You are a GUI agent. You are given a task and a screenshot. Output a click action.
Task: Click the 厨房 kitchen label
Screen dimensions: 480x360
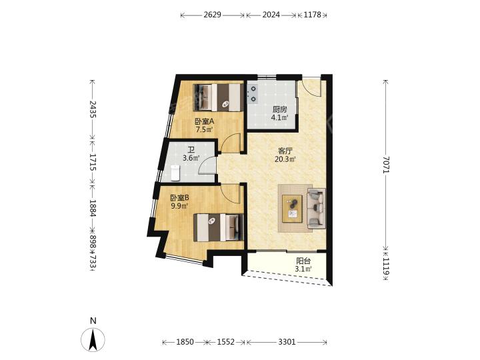point(279,109)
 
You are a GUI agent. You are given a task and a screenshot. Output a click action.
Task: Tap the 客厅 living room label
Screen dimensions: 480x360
point(285,151)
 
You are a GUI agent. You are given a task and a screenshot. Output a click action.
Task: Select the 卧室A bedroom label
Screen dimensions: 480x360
point(205,121)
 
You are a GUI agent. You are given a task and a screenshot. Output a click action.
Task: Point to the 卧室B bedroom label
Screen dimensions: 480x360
point(180,198)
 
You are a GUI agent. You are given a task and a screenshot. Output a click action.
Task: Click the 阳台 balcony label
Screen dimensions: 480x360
point(303,261)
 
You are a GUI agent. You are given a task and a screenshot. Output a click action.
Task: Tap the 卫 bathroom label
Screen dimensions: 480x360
point(191,150)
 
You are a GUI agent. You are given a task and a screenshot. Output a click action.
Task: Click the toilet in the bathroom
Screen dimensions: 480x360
point(175,173)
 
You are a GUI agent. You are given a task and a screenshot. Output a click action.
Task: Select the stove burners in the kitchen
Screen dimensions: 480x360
point(253,94)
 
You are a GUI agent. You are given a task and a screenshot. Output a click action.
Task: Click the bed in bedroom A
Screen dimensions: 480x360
point(218,97)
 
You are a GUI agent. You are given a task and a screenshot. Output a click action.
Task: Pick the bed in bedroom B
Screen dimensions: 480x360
point(219,227)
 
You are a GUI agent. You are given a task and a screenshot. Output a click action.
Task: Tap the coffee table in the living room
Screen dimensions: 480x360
point(293,209)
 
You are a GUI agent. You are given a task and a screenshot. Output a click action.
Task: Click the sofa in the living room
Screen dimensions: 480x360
point(316,209)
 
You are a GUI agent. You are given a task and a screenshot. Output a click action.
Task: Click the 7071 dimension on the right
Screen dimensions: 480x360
point(386,165)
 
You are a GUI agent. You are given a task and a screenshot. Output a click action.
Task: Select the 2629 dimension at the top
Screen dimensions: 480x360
point(212,15)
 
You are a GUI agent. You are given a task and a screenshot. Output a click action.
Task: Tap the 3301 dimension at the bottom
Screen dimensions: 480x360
point(287,342)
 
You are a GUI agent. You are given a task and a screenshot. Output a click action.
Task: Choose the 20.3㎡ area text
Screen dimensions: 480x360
point(285,159)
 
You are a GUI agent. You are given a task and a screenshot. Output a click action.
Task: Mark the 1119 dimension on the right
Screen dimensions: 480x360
point(386,266)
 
